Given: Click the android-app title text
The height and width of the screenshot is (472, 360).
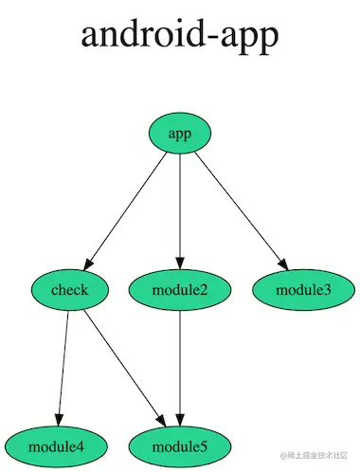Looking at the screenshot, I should tap(180, 35).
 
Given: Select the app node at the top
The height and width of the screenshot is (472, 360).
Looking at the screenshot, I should tap(180, 135).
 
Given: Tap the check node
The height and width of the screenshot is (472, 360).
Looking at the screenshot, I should tap(71, 289).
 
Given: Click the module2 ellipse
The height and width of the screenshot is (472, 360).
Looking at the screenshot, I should tap(180, 289).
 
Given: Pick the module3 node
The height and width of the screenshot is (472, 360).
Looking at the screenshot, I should tap(303, 289).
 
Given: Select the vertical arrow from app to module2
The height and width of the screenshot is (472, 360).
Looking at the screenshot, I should tap(180, 209).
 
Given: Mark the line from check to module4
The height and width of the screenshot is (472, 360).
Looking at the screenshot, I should tap(63, 365).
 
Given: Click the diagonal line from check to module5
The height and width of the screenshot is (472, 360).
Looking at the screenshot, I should tap(123, 365).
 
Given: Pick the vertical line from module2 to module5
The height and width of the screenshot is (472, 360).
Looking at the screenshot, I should tap(180, 365).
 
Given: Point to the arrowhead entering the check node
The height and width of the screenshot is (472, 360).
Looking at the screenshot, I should tap(92, 262).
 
